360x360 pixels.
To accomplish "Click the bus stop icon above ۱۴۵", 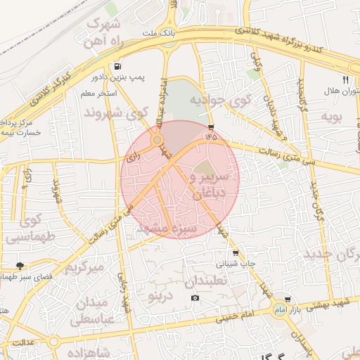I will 212,127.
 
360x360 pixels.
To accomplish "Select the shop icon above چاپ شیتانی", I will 236,252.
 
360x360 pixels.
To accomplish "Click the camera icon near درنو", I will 195,298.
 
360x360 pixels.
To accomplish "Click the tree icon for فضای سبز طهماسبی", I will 20,266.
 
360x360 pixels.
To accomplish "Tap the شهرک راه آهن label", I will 110,32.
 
